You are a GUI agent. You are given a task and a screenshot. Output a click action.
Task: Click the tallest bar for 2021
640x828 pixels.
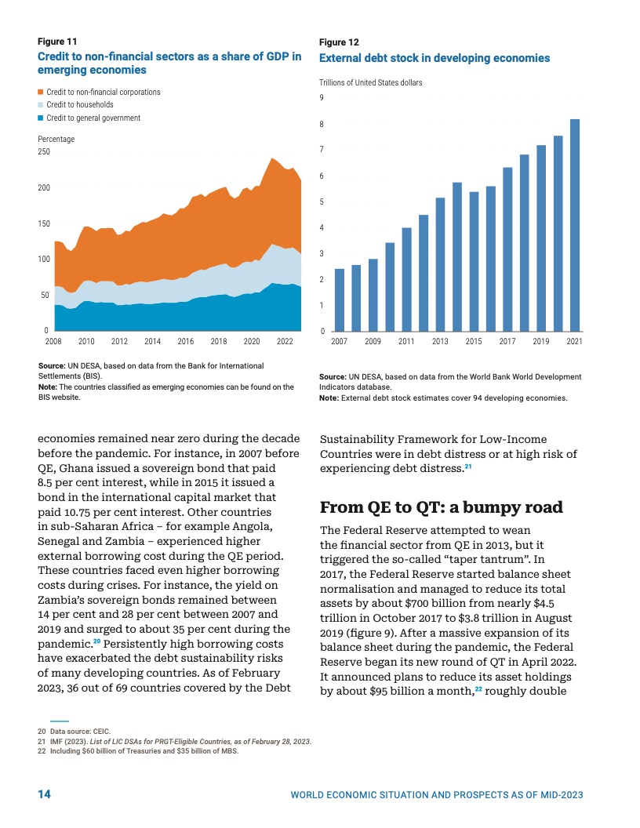tap(575, 226)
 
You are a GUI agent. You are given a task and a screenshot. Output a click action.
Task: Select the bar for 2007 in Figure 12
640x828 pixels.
tap(340, 300)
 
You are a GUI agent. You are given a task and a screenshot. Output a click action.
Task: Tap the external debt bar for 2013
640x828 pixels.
tap(441, 264)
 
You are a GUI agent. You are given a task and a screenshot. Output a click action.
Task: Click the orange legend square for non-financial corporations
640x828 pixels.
tap(40, 92)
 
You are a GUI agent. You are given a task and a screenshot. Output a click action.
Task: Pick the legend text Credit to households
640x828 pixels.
tap(80, 104)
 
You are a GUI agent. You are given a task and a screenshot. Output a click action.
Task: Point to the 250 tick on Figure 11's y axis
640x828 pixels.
tap(44, 151)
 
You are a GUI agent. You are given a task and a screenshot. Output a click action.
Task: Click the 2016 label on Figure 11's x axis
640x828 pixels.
tap(186, 341)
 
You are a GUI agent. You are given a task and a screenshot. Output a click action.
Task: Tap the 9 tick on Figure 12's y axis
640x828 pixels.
tap(322, 98)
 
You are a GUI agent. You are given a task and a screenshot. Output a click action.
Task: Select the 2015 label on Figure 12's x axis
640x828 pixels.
tap(474, 341)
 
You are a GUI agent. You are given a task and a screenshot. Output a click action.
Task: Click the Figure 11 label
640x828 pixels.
tap(57, 42)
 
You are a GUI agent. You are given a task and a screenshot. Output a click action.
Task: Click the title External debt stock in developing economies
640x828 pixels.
tap(435, 58)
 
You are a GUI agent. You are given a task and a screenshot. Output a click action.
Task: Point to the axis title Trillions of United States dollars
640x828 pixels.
tap(371, 82)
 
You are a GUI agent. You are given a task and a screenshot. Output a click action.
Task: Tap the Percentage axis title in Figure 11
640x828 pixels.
tap(56, 139)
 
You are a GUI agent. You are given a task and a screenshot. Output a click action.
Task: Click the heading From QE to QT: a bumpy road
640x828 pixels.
tap(442, 507)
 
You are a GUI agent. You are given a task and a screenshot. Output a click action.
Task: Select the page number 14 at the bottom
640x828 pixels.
tap(45, 794)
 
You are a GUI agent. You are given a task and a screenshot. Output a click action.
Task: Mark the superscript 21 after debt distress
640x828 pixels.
tap(468, 467)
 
